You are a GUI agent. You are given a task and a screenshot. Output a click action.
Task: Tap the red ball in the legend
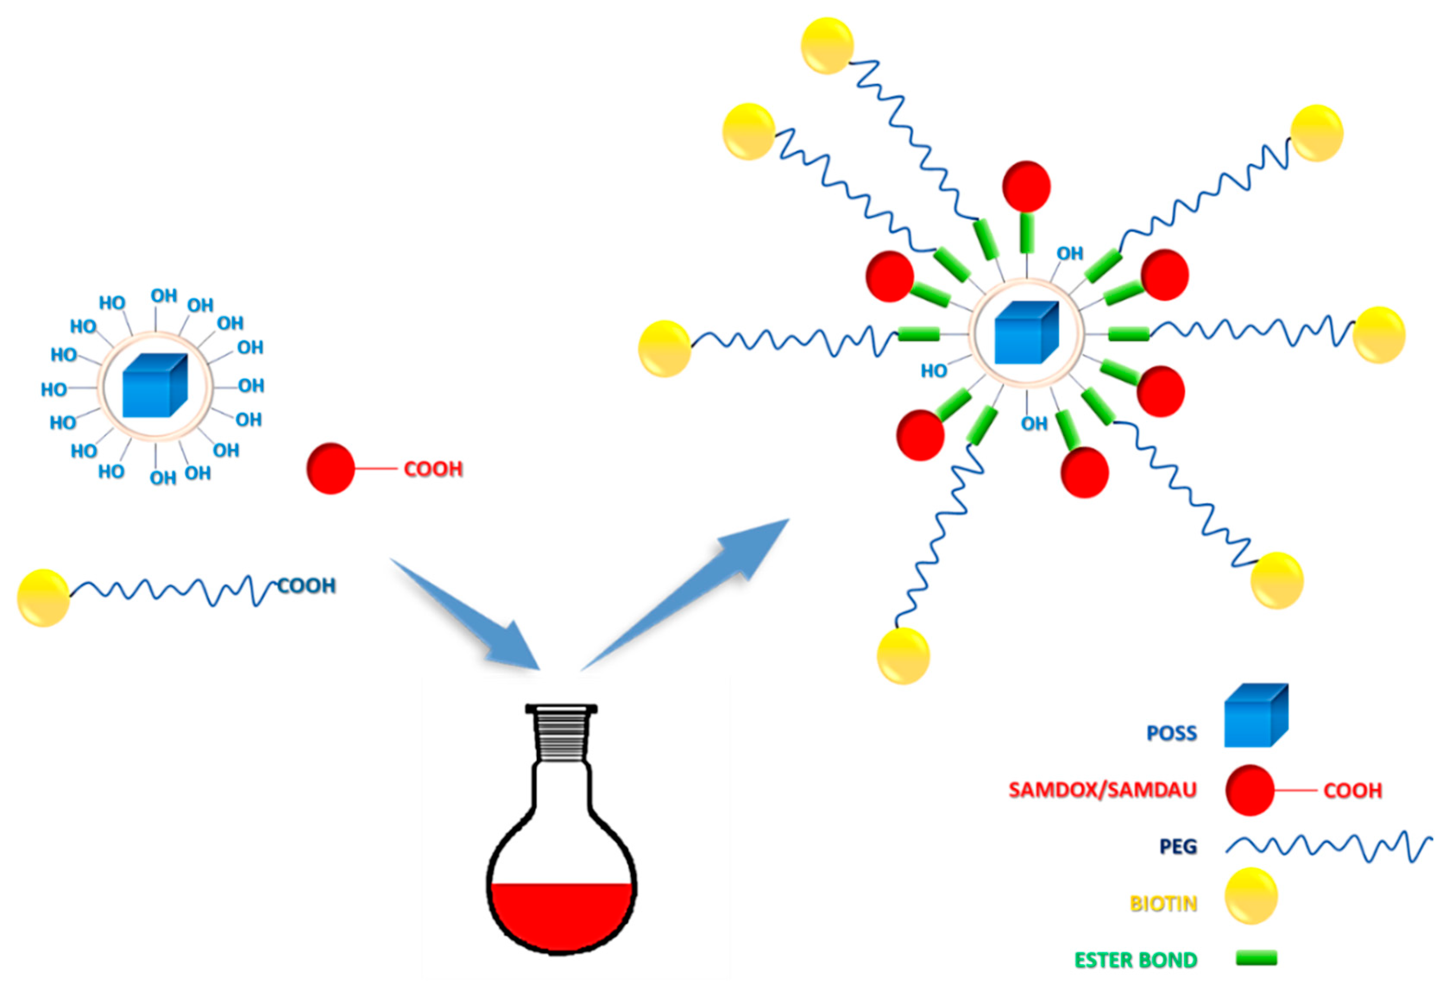(x=1249, y=790)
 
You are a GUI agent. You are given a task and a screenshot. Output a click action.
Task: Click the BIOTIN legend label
(x=1163, y=903)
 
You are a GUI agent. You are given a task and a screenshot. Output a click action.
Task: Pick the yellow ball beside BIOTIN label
(x=1250, y=896)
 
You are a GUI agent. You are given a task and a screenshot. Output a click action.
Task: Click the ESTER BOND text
(x=1135, y=960)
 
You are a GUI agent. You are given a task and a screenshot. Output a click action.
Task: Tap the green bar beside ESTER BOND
(x=1256, y=957)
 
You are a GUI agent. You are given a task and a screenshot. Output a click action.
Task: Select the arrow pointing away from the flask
(x=690, y=591)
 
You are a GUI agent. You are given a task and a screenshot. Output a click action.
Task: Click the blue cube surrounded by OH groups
(x=154, y=386)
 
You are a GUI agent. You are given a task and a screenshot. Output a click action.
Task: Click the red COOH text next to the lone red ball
(x=433, y=468)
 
